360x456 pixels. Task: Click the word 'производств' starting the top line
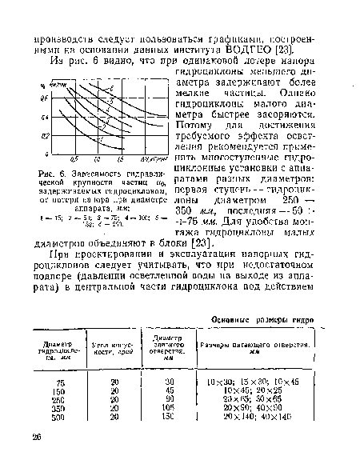point(66,36)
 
